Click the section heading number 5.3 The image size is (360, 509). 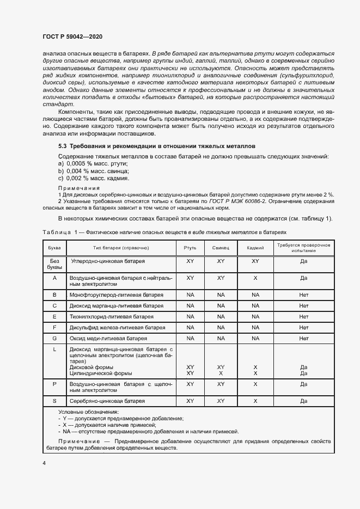point(63,146)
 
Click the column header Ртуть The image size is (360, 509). point(190,248)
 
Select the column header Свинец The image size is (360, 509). point(221,248)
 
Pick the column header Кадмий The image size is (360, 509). point(255,248)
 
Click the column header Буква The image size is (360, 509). point(54,248)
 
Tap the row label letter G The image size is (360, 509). point(54,338)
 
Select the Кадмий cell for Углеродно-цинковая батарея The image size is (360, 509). point(255,261)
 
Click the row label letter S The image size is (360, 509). point(54,401)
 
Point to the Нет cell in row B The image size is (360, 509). point(303,295)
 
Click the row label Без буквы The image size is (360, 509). point(54,265)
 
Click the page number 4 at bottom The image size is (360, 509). point(44,463)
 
